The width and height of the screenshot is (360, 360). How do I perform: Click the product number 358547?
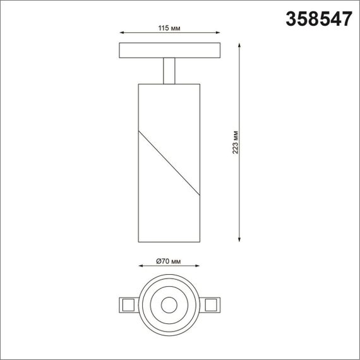coord(320,20)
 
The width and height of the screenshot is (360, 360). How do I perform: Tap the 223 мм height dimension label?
coord(235,142)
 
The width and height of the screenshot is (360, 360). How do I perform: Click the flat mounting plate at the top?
coord(169,50)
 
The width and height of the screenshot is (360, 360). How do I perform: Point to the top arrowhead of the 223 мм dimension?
coord(240,45)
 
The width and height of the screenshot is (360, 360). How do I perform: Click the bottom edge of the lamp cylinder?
coord(169,242)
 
